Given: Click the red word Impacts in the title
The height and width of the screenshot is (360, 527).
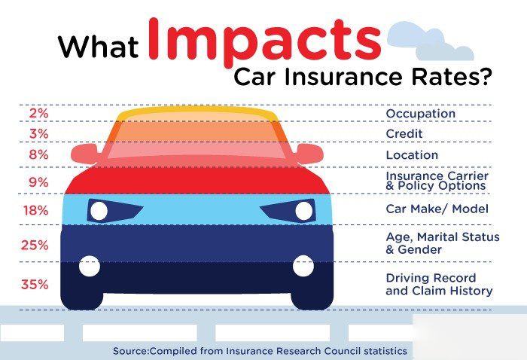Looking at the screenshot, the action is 264,41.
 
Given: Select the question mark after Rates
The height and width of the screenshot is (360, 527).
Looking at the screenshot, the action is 483,78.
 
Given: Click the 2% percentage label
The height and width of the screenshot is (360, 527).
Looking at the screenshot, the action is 38,113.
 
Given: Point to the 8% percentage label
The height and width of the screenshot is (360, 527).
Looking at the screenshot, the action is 38,154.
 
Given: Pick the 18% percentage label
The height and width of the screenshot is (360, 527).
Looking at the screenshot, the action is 36,210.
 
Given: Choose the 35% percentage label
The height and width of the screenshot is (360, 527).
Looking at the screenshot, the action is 35,285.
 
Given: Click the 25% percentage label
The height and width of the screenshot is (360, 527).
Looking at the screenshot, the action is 35,245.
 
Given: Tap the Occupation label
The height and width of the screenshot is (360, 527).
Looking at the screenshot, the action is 420,114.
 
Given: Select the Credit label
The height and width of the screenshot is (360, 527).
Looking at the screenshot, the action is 404,134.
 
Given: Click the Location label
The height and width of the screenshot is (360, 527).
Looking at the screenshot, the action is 412,155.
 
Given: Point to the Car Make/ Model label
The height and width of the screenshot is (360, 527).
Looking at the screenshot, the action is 437,209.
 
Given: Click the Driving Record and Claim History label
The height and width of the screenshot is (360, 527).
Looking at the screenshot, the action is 439,285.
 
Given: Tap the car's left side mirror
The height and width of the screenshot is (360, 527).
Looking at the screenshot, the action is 84,154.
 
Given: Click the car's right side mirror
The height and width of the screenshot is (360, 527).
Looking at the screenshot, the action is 310,154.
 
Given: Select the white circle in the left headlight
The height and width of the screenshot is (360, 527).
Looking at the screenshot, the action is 99,211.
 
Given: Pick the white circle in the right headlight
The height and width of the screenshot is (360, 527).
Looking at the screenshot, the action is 304,211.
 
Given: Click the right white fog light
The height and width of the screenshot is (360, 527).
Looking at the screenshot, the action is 303,266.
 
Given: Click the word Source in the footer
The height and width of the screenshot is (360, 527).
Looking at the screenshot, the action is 130,351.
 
